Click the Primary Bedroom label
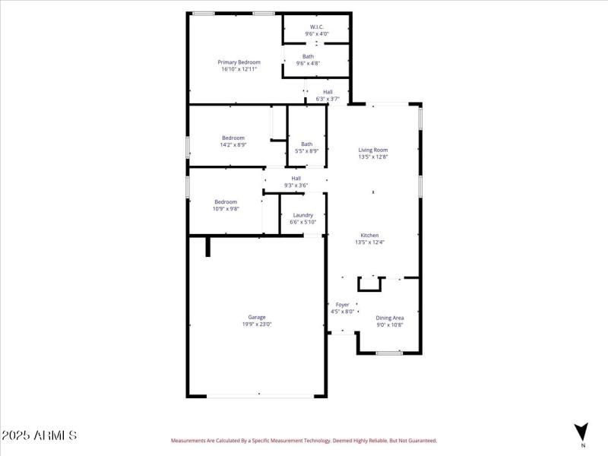click(239, 62)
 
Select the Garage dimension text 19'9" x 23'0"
click(257, 325)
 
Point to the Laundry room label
click(302, 215)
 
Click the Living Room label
click(373, 150)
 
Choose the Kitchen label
click(370, 236)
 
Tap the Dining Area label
click(390, 318)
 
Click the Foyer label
click(342, 305)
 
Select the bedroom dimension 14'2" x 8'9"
click(233, 144)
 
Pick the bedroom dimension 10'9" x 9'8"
click(226, 209)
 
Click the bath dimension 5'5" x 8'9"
click(306, 151)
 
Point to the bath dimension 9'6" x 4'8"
click(308, 63)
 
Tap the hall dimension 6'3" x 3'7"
click(328, 99)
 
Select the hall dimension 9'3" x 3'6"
click(296, 185)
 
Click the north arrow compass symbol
click(581, 430)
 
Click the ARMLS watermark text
click(39, 435)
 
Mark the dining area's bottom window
click(389, 353)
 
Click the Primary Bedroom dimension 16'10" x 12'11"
click(239, 69)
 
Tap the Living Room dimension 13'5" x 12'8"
click(373, 157)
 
